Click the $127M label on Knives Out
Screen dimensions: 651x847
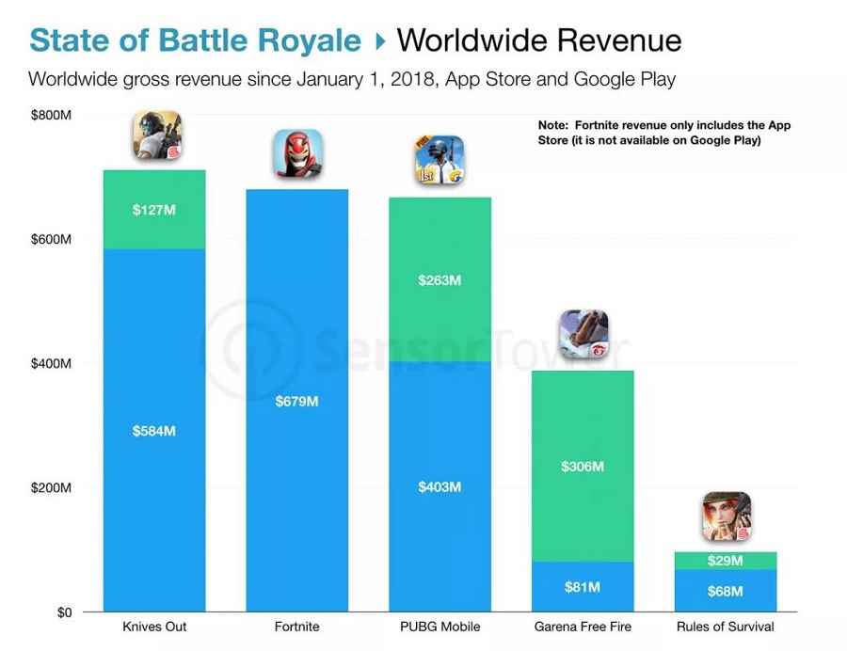tap(154, 210)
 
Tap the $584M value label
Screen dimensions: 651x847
tap(154, 431)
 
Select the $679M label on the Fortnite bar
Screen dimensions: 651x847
tap(296, 402)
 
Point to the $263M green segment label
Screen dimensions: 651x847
tap(439, 279)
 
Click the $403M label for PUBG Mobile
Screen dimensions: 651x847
tap(439, 486)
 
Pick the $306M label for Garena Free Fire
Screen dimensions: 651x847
tap(583, 466)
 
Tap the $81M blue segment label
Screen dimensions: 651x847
tap(583, 587)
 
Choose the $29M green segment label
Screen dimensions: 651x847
tap(725, 561)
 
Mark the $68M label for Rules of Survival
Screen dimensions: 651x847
tap(725, 592)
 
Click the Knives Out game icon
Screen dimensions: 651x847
tap(155, 135)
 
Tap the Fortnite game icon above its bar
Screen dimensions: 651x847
tap(297, 153)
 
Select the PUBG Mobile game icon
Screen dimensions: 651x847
tap(439, 160)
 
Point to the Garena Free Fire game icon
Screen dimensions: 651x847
tap(583, 334)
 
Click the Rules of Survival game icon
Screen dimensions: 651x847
tap(726, 516)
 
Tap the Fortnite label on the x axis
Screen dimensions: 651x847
tap(297, 627)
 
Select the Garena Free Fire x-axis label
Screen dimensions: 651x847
tap(583, 627)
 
